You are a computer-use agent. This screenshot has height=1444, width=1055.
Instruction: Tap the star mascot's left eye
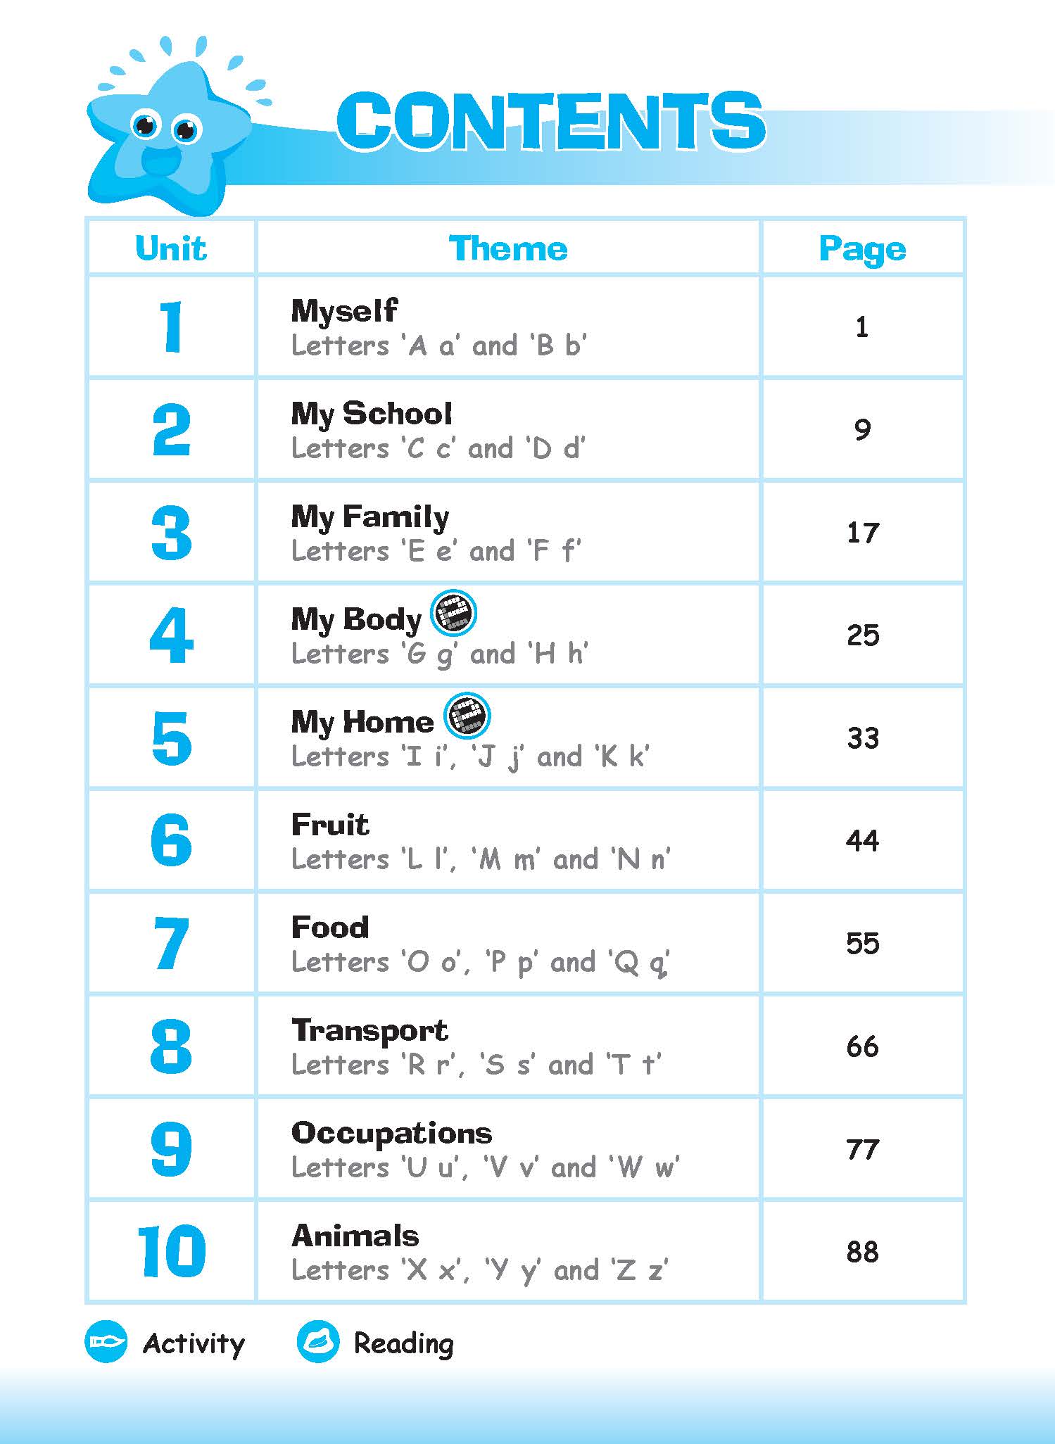[x=145, y=126]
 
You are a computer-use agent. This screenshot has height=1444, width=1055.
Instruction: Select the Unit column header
[x=171, y=248]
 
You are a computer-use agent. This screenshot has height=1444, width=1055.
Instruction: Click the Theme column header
[x=508, y=248]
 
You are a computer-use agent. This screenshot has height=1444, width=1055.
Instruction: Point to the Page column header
[x=862, y=248]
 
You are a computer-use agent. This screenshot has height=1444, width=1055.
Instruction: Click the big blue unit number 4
[x=171, y=636]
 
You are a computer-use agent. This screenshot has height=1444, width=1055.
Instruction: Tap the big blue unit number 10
[x=171, y=1251]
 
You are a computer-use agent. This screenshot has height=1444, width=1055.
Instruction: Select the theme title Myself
[x=344, y=310]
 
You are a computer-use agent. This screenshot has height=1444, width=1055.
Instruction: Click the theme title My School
[x=371, y=414]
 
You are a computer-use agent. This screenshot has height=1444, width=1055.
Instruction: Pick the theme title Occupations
[x=391, y=1133]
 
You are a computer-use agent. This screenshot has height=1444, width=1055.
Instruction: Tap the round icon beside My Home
[x=467, y=716]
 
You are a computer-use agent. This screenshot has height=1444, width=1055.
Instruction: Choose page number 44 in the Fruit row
[x=862, y=840]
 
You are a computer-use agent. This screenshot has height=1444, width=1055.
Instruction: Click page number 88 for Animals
[x=862, y=1251]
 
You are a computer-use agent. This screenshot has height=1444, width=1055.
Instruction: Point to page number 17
[x=862, y=533]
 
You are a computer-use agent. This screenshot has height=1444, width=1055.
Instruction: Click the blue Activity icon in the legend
[x=106, y=1342]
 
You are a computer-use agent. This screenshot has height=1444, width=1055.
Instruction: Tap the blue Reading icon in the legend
[x=318, y=1342]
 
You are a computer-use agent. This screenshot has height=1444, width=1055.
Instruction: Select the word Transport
[x=369, y=1030]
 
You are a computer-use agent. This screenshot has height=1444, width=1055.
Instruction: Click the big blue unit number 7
[x=171, y=944]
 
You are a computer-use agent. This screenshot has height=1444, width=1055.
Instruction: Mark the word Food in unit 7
[x=329, y=927]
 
